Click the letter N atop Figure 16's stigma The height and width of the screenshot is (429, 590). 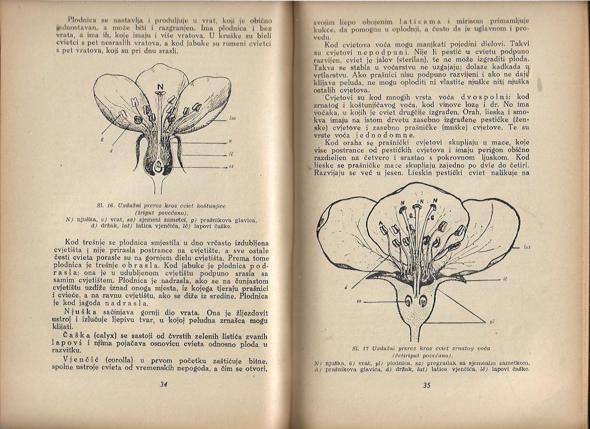[160, 87]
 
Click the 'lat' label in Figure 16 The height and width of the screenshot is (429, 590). [233, 119]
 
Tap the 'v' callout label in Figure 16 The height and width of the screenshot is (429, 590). [231, 141]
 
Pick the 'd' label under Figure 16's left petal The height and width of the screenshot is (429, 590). [110, 151]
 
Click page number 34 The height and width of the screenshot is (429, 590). [163, 384]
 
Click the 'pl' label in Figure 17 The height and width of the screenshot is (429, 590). [491, 321]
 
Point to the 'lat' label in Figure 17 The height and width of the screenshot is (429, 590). [526, 247]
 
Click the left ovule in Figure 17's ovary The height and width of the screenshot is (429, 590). [408, 301]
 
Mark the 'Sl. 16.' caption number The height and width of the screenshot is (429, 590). [107, 206]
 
